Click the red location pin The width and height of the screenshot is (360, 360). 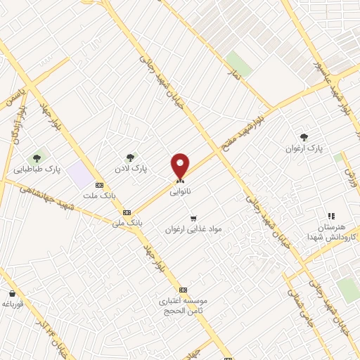(180, 166)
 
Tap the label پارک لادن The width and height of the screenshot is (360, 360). (131, 169)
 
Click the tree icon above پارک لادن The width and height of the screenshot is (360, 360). (129, 157)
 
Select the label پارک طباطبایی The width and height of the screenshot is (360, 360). (37, 169)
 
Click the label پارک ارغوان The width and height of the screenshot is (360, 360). (303, 149)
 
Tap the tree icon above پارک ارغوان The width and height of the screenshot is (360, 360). (304, 137)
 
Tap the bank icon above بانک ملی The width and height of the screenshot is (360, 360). (127, 212)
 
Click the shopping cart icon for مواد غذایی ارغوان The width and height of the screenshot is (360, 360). (193, 218)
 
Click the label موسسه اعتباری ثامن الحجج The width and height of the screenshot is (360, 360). (182, 305)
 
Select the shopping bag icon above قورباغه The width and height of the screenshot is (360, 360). (12, 294)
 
